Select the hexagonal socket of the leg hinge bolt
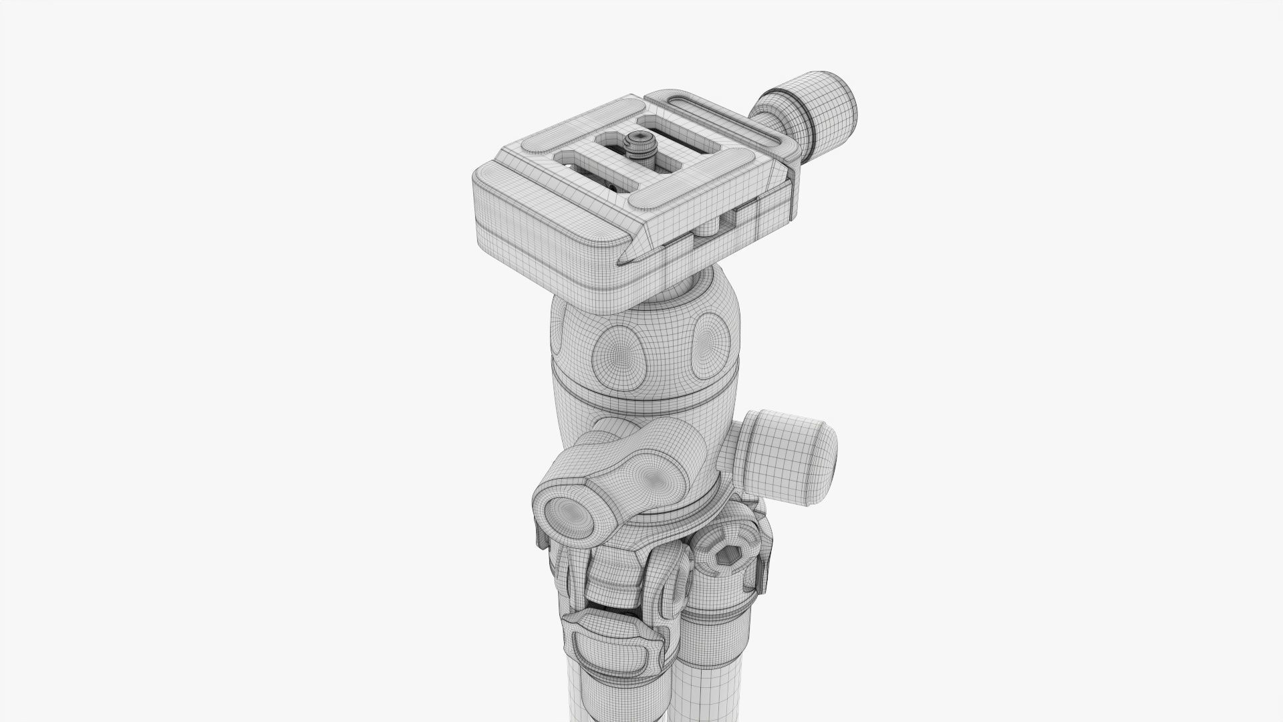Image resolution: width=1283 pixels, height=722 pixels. coord(725,552)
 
